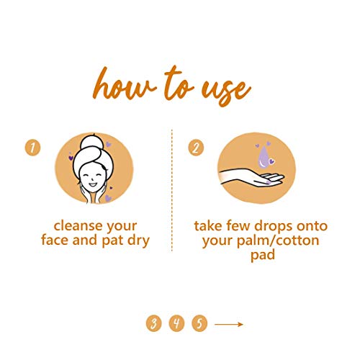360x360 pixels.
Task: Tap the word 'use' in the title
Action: (226, 92)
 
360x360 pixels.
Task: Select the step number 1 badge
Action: (32, 148)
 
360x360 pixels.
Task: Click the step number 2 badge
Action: (196, 148)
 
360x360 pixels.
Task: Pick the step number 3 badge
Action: (153, 323)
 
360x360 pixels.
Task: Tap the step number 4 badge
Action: (176, 323)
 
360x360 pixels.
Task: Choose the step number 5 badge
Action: (199, 323)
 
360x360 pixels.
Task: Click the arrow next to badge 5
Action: (229, 325)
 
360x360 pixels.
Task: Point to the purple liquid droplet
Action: (264, 156)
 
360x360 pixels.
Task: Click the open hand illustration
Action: (252, 178)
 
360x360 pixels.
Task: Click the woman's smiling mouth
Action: (93, 184)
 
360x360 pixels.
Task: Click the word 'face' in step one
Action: (55, 240)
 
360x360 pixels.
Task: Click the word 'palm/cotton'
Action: (278, 241)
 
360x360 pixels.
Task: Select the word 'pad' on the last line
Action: (263, 256)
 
